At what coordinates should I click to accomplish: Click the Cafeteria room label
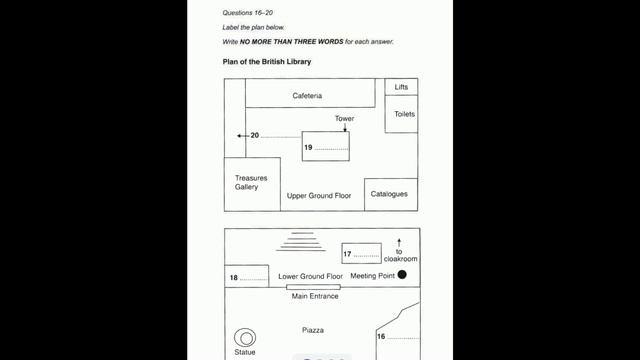[307, 96]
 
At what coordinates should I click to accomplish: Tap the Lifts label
[401, 87]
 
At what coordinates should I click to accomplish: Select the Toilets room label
[404, 114]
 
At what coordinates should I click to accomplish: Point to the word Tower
[344, 119]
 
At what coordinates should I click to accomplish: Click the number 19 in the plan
[309, 147]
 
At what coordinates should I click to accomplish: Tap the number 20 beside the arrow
[255, 135]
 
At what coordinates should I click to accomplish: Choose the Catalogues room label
[389, 194]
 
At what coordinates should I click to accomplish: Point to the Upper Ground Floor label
[319, 196]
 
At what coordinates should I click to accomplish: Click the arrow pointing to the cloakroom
[399, 241]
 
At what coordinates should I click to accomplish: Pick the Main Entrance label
[315, 296]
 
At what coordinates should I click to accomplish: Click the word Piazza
[314, 329]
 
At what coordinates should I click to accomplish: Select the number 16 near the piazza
[381, 337]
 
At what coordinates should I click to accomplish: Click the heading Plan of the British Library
[267, 62]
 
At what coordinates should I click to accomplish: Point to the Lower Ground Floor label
[310, 276]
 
